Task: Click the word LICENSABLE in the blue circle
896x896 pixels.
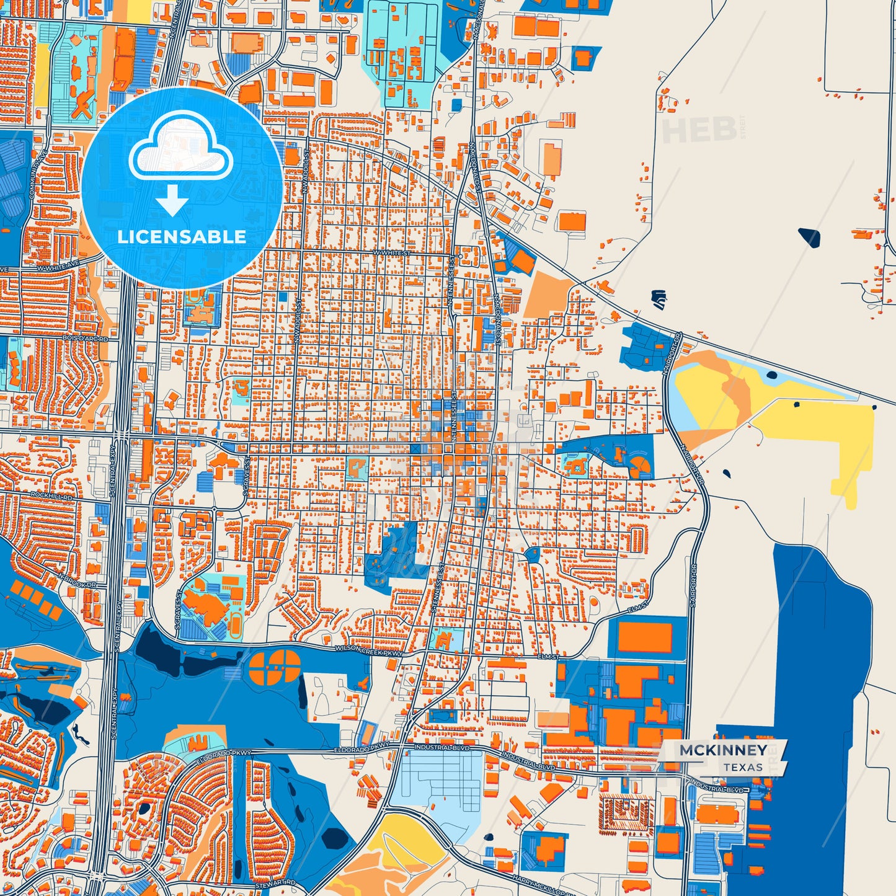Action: [181, 237]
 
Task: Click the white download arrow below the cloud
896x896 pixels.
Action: [172, 200]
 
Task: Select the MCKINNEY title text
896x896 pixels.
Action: [723, 750]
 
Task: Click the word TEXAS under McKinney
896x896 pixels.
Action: [743, 768]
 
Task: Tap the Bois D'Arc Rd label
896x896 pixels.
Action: [85, 339]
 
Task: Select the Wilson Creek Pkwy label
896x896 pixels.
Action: [368, 650]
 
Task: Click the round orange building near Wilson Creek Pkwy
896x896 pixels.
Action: [274, 667]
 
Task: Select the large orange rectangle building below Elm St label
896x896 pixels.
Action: [645, 637]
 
